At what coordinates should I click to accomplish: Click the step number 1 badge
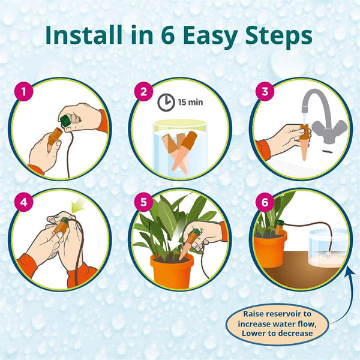[x=23, y=93]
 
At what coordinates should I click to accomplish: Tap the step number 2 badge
[x=143, y=93]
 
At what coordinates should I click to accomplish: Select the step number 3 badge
[x=262, y=93]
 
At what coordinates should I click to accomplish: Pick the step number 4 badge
[x=23, y=203]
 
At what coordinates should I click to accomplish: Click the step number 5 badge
[x=143, y=203]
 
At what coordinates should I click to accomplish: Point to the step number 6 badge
[x=262, y=203]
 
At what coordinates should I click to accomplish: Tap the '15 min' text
[x=190, y=103]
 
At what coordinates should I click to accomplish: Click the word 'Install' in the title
[x=85, y=35]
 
